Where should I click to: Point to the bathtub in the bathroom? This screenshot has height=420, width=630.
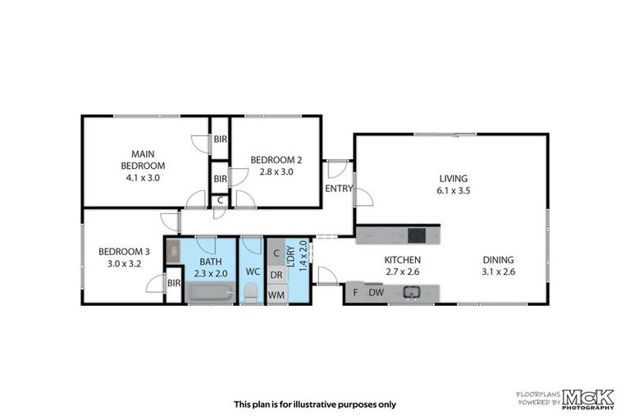(x=204, y=293)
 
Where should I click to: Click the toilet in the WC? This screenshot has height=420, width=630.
(x=251, y=293)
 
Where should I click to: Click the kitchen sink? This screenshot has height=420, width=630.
(x=413, y=291)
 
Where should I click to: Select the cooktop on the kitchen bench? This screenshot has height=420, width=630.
(x=417, y=235)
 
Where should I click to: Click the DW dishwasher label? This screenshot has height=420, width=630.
(x=377, y=293)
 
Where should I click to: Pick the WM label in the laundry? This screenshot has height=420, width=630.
(x=276, y=294)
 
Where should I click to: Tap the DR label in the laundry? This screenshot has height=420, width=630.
(x=276, y=275)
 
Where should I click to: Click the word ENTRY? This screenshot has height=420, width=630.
(x=339, y=189)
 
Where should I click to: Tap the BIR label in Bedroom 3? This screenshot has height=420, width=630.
(x=173, y=284)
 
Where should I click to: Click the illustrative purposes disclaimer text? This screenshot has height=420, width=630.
(x=315, y=404)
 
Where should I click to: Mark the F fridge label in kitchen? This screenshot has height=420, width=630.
(x=355, y=293)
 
